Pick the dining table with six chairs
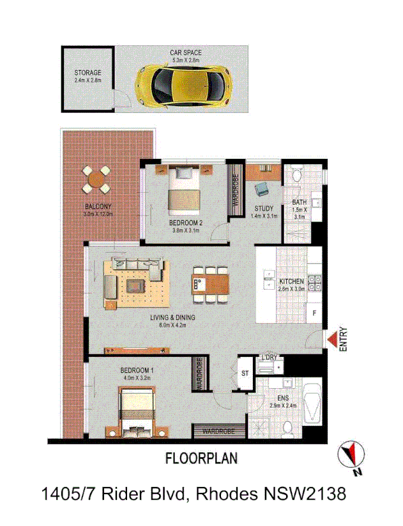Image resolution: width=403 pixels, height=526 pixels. point(210,283)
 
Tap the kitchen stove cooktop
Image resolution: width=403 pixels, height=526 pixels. point(315,281)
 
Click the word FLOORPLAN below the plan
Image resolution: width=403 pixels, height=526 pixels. point(201,458)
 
